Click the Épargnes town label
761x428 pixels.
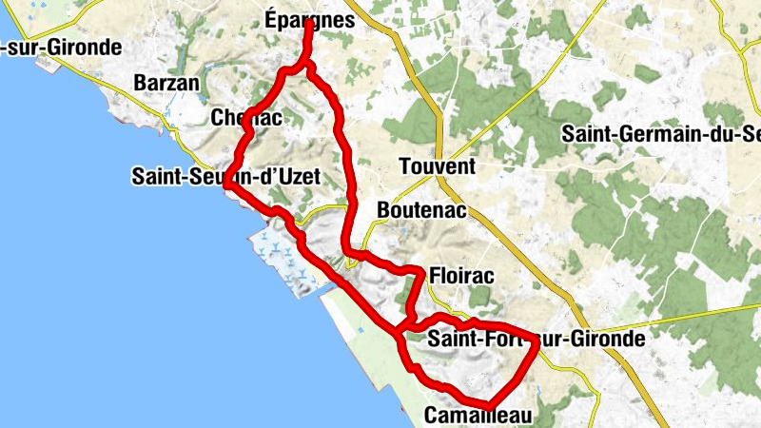click(310, 20)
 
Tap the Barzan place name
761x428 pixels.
click(167, 83)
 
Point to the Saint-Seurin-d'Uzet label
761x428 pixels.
click(225, 176)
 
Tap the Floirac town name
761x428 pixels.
click(462, 275)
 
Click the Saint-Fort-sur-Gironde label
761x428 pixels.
click(537, 338)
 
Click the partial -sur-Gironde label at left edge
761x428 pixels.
click(61, 47)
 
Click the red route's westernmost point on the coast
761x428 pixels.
click(226, 186)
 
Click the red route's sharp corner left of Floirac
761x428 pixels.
click(420, 273)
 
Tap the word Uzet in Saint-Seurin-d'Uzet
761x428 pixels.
click(295, 176)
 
